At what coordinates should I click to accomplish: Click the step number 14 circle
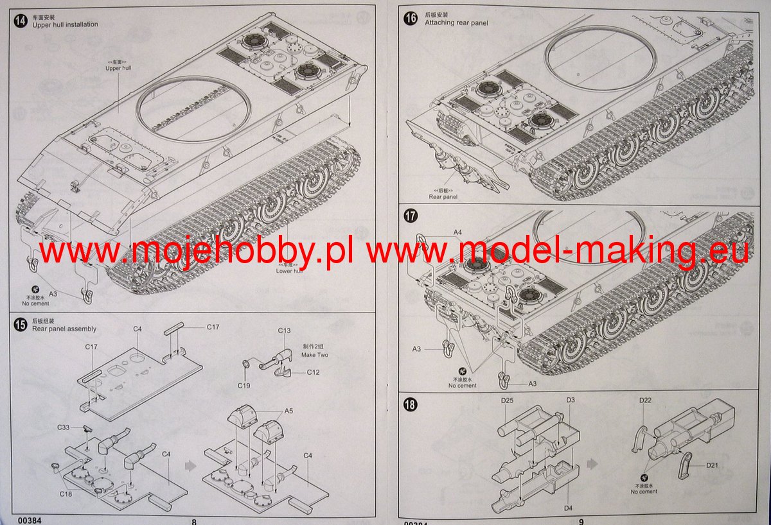pyautogui.click(x=21, y=21)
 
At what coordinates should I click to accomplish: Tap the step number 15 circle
pyautogui.click(x=21, y=325)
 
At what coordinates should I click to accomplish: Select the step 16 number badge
pyautogui.click(x=411, y=18)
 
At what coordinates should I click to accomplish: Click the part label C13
pyautogui.click(x=284, y=331)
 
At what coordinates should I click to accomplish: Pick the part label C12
pyautogui.click(x=313, y=372)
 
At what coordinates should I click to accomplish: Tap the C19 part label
pyautogui.click(x=244, y=385)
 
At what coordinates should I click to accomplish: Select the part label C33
pyautogui.click(x=63, y=427)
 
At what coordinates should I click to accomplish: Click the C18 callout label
pyautogui.click(x=66, y=494)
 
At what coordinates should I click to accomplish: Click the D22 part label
pyautogui.click(x=646, y=401)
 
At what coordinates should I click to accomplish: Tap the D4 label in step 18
pyautogui.click(x=569, y=508)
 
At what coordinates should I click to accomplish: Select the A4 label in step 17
pyautogui.click(x=457, y=232)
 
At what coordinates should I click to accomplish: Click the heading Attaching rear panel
pyautogui.click(x=456, y=23)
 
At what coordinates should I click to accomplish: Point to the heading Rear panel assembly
pyautogui.click(x=64, y=329)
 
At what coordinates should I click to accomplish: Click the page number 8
pyautogui.click(x=193, y=521)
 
